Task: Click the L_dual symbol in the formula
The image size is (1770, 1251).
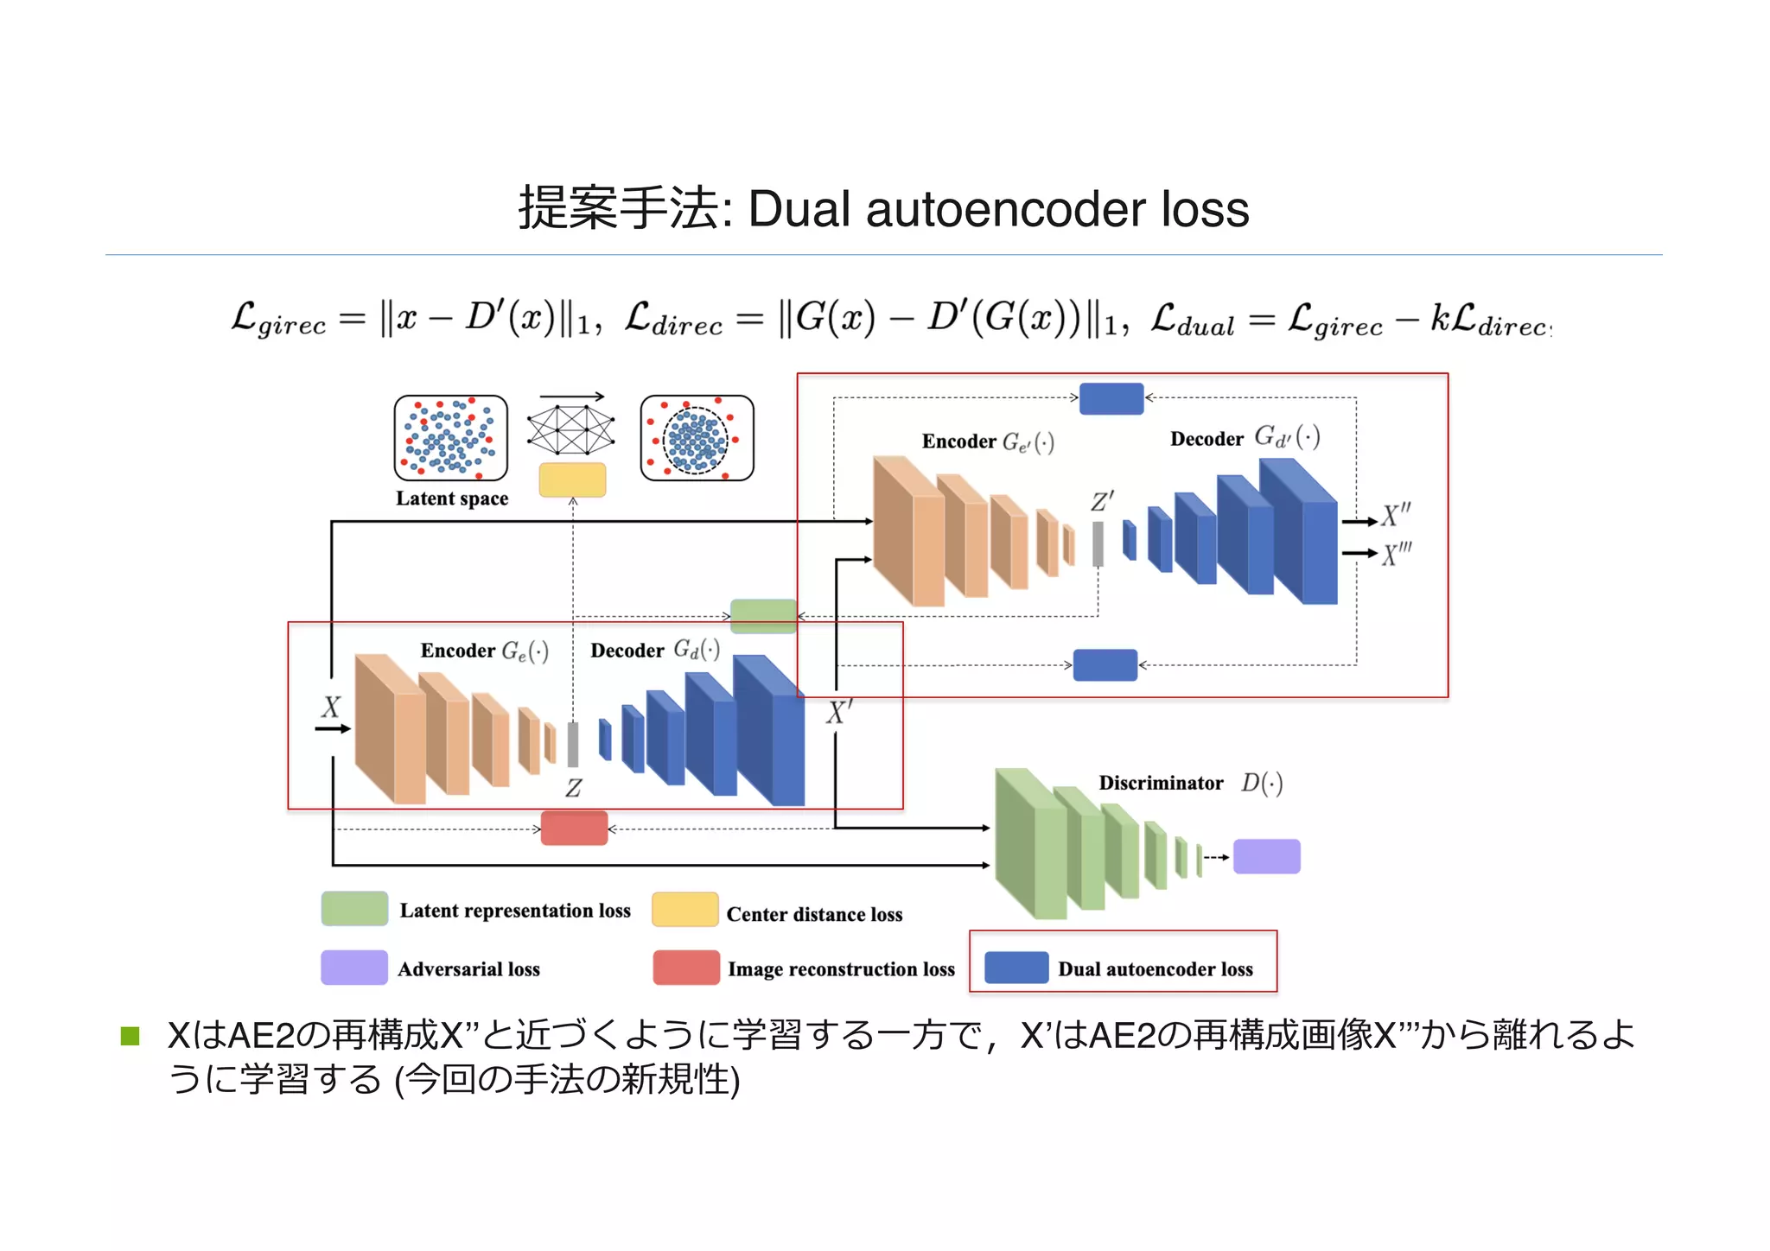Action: click(x=1193, y=321)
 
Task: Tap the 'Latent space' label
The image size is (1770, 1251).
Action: click(x=452, y=498)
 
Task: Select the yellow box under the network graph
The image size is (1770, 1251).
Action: click(x=572, y=480)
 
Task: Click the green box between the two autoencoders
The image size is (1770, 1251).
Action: click(x=763, y=616)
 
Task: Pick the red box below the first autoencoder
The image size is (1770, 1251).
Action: click(x=574, y=829)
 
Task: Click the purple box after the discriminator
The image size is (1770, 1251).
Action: click(x=1266, y=856)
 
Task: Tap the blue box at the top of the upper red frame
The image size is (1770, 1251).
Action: click(x=1111, y=398)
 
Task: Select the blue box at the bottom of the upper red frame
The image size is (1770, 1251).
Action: click(x=1105, y=665)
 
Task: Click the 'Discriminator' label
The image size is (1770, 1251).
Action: click(x=1161, y=783)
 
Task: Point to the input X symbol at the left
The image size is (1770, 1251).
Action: click(x=331, y=708)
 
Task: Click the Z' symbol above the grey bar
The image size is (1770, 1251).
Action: click(x=1102, y=502)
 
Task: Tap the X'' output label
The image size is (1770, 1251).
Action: click(x=1395, y=516)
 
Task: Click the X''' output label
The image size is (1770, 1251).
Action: click(x=1396, y=554)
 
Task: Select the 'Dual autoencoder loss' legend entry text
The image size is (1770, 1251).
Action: click(x=1155, y=969)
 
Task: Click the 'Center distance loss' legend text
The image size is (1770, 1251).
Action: click(x=814, y=914)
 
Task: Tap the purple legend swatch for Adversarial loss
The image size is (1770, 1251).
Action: click(x=354, y=968)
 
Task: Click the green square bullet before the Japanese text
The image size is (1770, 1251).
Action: click(x=131, y=1036)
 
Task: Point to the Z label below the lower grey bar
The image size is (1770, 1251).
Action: click(x=573, y=788)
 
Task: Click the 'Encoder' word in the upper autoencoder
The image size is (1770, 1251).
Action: click(x=958, y=441)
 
